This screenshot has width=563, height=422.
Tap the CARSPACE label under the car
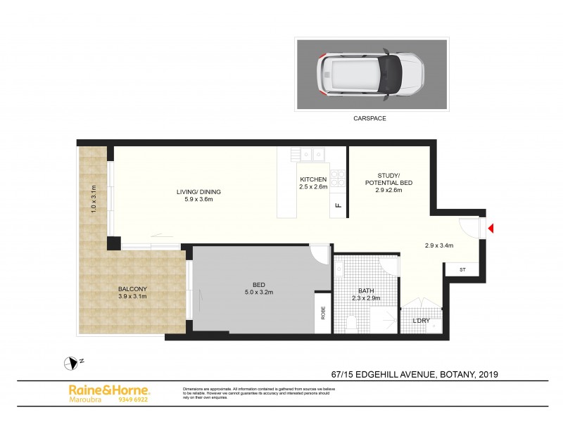click(x=369, y=119)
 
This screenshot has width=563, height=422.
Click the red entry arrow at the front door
click(x=492, y=228)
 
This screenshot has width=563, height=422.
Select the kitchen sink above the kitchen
click(x=310, y=153)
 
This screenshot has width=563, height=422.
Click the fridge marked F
click(x=339, y=205)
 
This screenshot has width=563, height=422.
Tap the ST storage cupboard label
click(x=462, y=269)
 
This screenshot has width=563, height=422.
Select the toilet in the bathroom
click(x=353, y=323)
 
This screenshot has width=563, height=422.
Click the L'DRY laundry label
click(x=420, y=321)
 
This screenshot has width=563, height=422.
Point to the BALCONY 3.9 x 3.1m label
click(x=134, y=292)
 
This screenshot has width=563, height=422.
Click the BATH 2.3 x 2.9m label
click(x=366, y=294)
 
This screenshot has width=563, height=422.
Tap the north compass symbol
click(x=72, y=363)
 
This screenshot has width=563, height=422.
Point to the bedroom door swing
click(x=320, y=254)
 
